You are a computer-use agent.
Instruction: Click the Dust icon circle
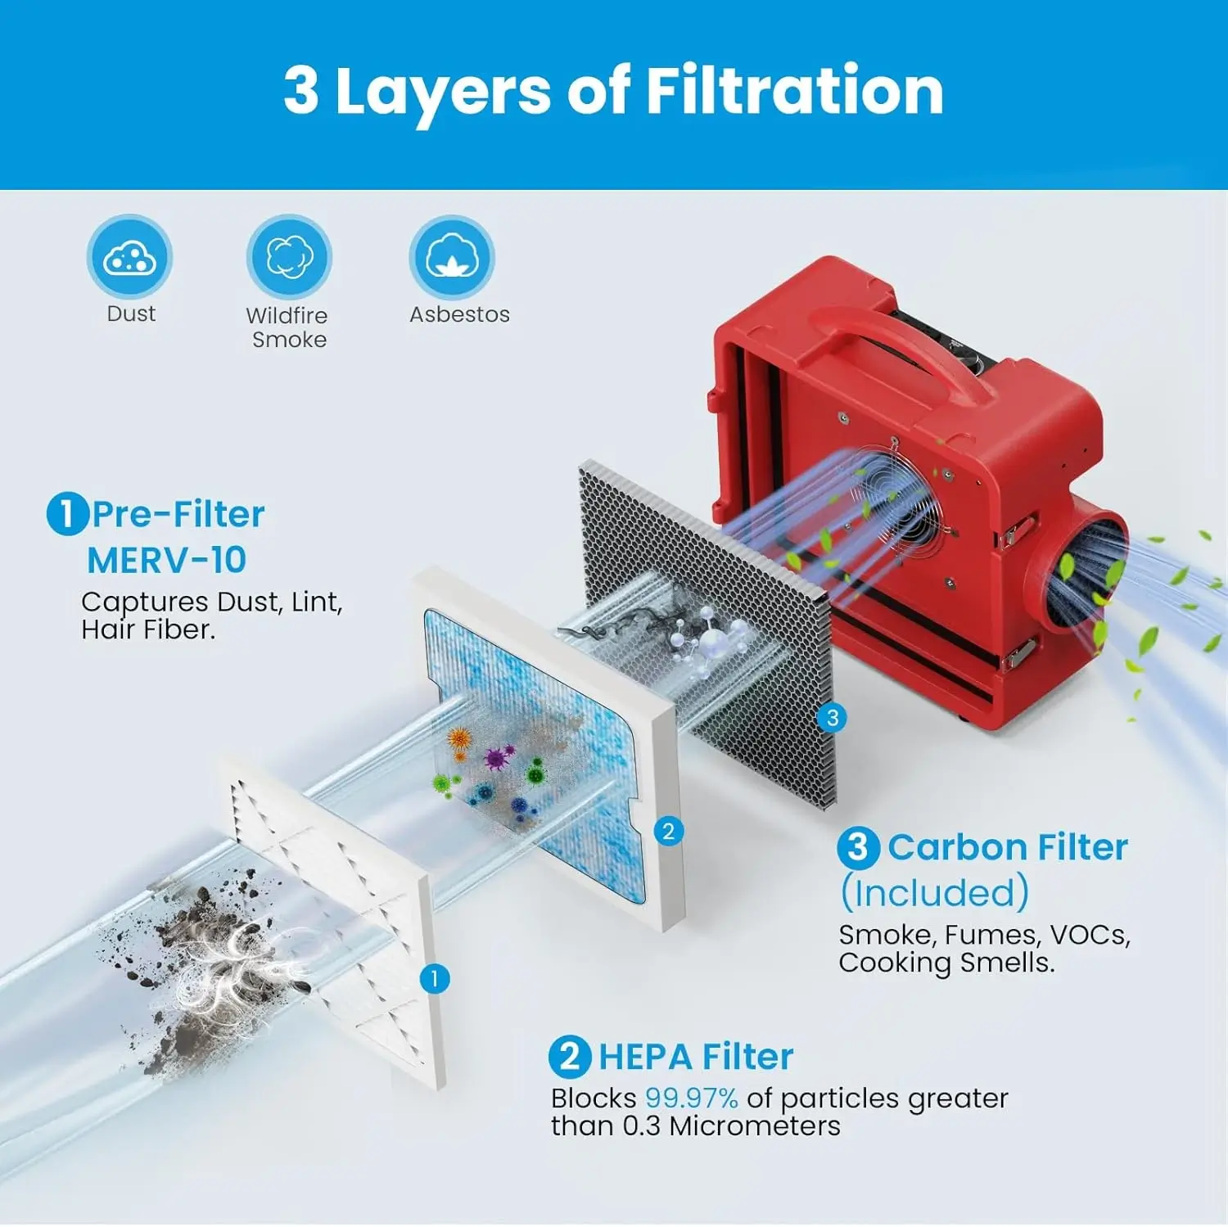(129, 257)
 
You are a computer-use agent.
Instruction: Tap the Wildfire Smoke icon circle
(289, 257)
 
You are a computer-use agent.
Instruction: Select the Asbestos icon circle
(451, 257)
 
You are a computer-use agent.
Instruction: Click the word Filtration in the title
(795, 90)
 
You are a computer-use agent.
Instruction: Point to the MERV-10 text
(166, 561)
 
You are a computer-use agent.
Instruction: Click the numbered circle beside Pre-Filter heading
(67, 515)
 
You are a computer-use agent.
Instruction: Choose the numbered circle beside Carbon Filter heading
(858, 847)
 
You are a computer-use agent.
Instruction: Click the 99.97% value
(692, 1098)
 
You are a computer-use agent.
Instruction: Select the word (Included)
(935, 892)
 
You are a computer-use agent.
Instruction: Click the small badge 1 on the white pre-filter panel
(435, 978)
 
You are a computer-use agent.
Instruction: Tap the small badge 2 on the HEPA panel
(669, 832)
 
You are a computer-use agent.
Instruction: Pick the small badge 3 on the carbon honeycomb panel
(833, 718)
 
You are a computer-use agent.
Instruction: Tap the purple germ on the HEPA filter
(497, 757)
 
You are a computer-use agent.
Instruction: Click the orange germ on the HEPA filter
(459, 740)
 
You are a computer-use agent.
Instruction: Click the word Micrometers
(755, 1126)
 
